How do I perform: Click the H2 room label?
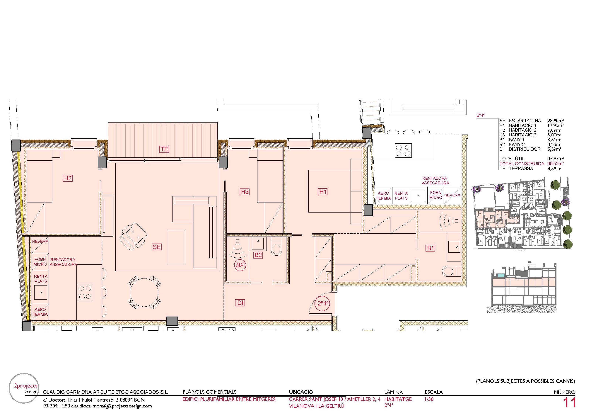tap(68, 178)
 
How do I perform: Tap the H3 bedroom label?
tap(245, 192)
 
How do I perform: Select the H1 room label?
tap(323, 192)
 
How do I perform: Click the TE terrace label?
tap(164, 149)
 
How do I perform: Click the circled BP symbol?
tap(240, 265)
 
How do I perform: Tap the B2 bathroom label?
tap(258, 255)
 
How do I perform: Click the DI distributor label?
tap(240, 303)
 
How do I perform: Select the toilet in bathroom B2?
tap(276, 249)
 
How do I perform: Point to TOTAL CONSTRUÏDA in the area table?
tap(522, 164)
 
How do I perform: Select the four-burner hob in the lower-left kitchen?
tap(85, 293)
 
